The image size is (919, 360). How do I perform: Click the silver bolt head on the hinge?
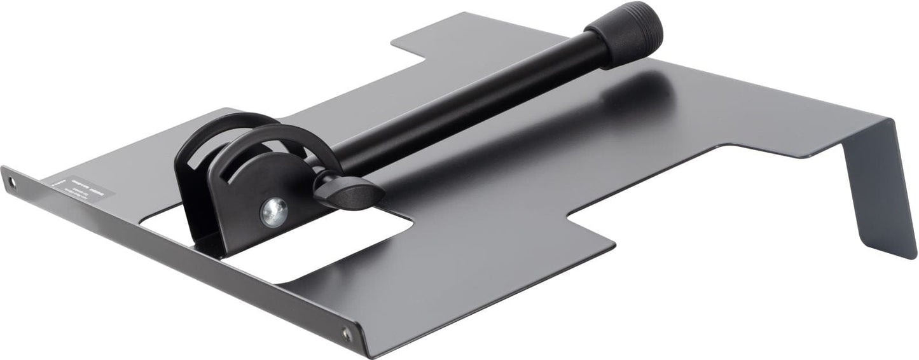274,211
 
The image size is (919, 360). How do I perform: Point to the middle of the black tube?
471,108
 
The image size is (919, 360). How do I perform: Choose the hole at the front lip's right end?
347,333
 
